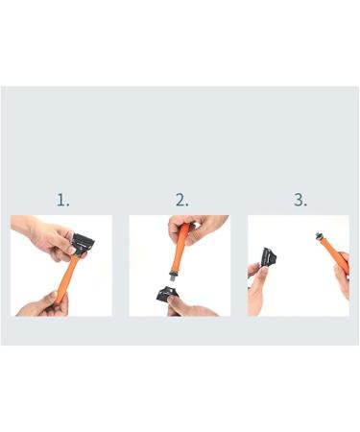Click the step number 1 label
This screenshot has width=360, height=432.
click(x=62, y=201)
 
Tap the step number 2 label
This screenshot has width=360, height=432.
click(x=181, y=201)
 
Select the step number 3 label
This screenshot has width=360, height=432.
click(x=300, y=201)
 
